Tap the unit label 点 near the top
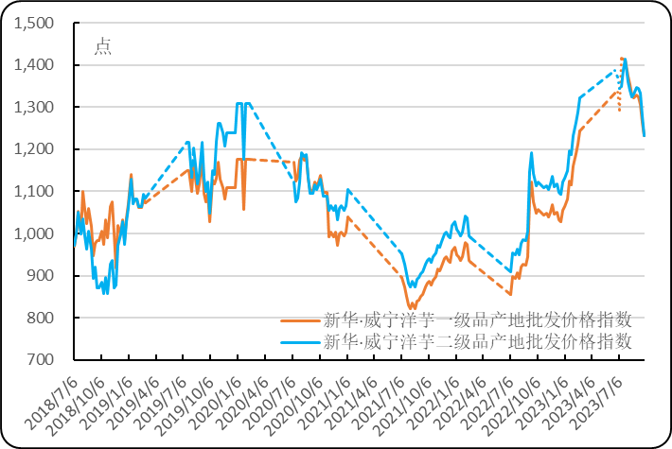coord(102,46)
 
